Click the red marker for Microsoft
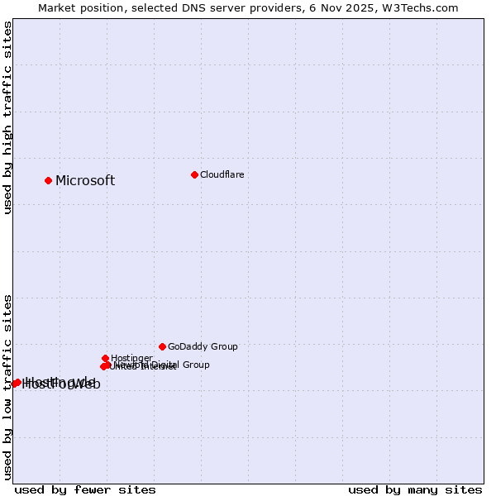(49, 180)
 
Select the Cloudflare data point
(194, 174)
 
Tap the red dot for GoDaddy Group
(162, 346)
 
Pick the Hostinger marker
(105, 358)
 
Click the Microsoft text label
(85, 181)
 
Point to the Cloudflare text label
(222, 174)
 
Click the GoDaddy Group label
(203, 346)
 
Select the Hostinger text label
(131, 358)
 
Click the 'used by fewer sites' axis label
(85, 489)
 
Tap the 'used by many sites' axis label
(415, 489)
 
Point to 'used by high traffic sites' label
(8, 118)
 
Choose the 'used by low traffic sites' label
(8, 387)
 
